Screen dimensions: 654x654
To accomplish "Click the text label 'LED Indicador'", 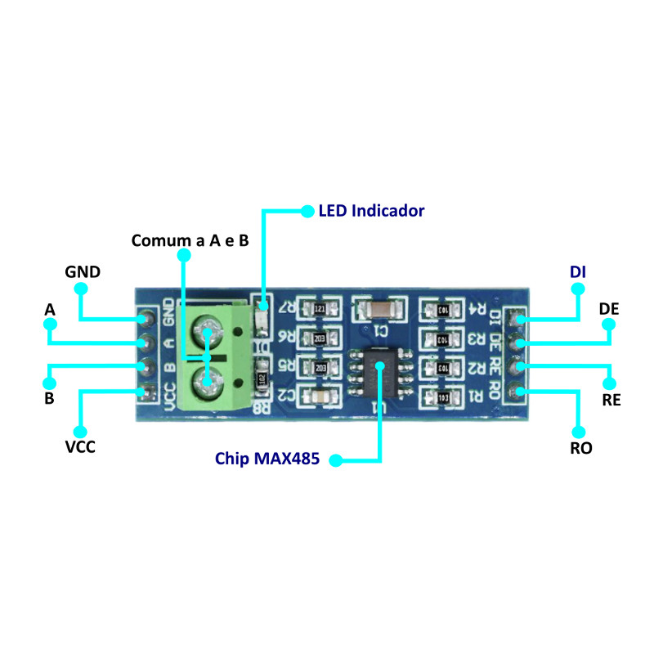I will click(371, 211).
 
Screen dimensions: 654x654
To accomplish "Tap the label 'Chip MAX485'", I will click(268, 458).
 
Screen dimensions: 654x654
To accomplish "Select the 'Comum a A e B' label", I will click(190, 240).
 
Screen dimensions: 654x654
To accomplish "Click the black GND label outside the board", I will click(83, 271).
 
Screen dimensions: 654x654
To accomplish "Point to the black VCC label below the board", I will click(80, 448).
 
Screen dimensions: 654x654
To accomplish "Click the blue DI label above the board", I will click(578, 271).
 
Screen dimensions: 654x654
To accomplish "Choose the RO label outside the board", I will click(581, 448).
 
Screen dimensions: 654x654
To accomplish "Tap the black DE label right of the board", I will click(609, 309).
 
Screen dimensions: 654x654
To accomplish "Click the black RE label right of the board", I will click(611, 401).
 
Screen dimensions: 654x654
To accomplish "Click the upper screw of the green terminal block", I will click(208, 334).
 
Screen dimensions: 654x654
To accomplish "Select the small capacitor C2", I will click(319, 396).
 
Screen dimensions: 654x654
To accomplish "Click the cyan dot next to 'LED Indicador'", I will click(307, 211).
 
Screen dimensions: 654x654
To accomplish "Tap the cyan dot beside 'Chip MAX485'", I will click(336, 462).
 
